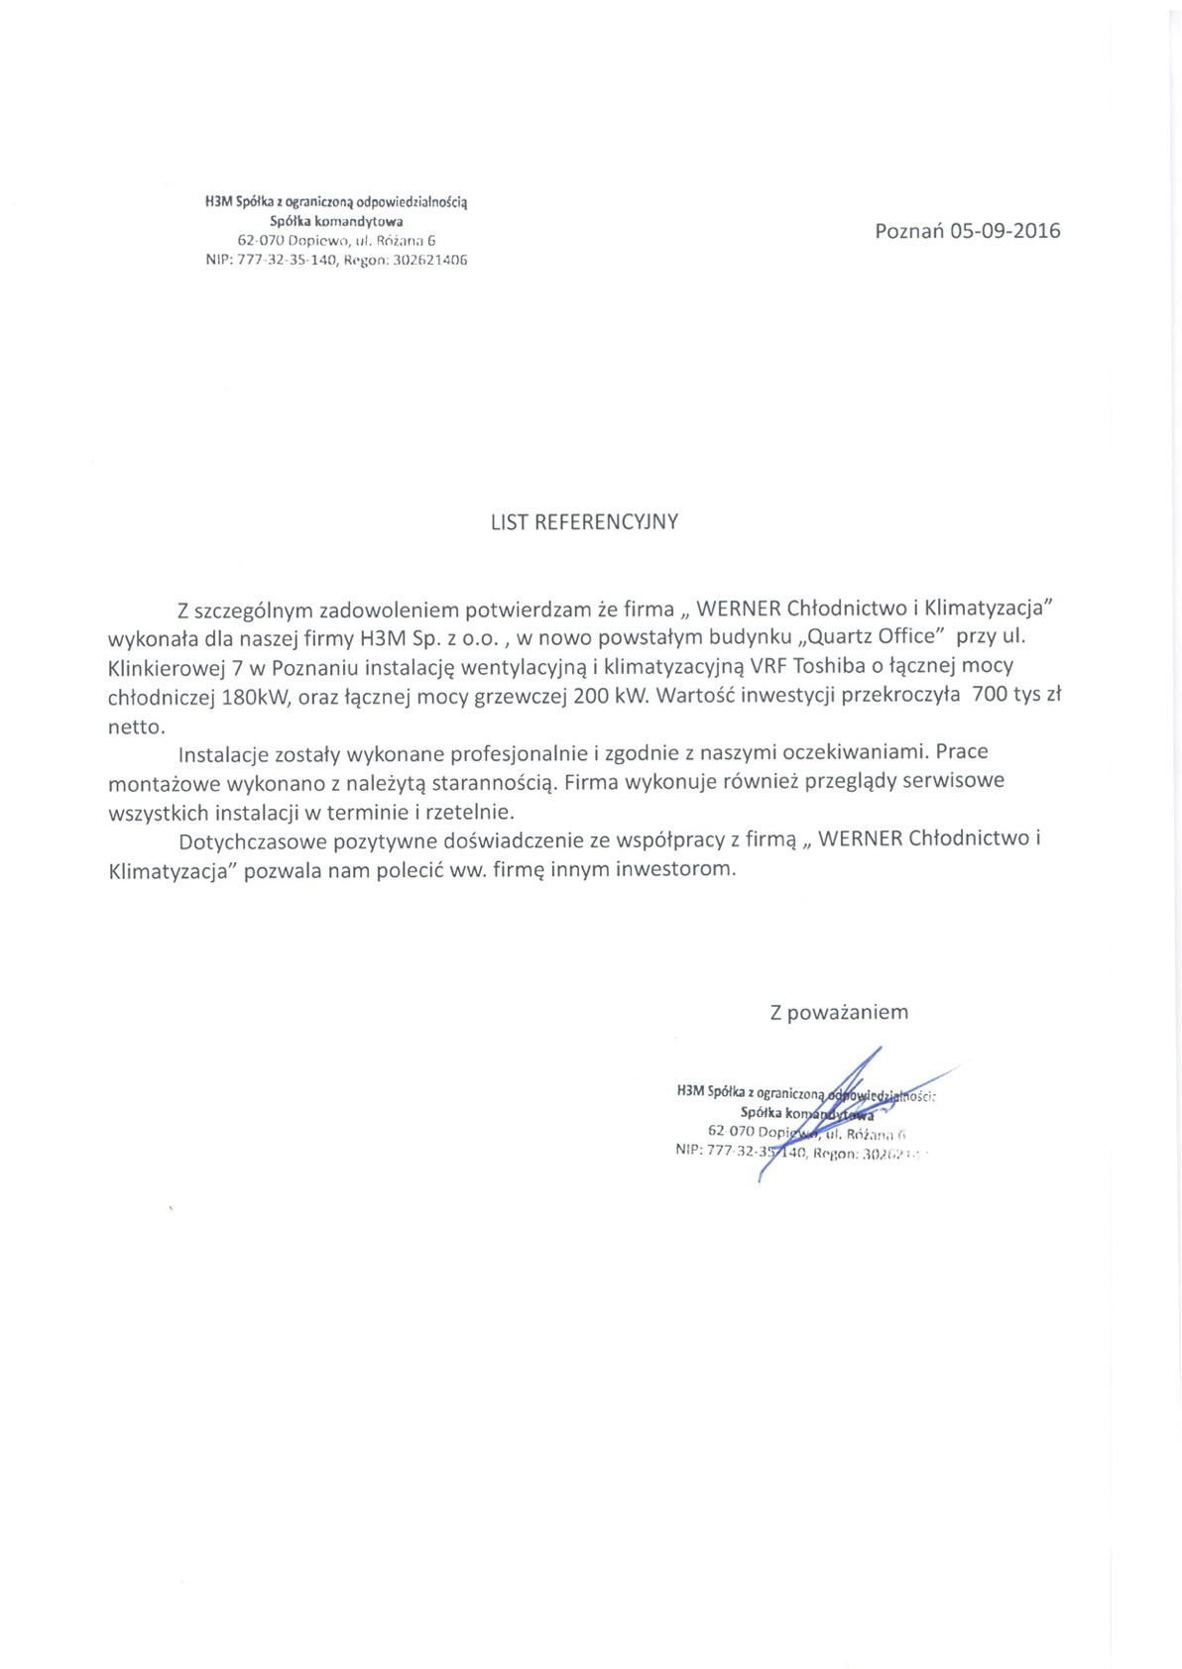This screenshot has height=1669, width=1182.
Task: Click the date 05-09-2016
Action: click(1005, 231)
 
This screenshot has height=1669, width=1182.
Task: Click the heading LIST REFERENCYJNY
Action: click(584, 521)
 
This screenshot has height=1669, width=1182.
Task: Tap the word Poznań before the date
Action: click(908, 231)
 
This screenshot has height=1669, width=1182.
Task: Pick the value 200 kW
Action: click(608, 696)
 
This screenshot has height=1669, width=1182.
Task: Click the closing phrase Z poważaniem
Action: click(838, 1012)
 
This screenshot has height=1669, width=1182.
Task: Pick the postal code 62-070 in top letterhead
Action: click(261, 241)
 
